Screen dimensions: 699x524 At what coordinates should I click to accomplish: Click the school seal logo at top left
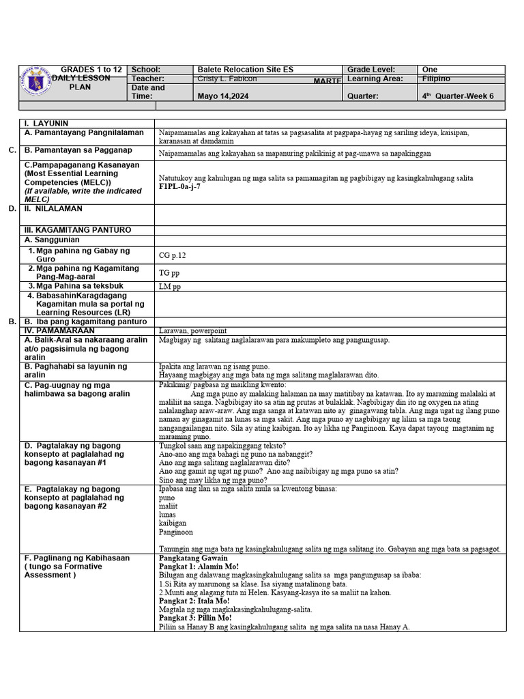tap(37, 83)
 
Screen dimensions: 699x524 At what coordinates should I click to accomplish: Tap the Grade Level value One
tap(430, 70)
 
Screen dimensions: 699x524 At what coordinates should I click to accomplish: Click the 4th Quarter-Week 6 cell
tap(458, 96)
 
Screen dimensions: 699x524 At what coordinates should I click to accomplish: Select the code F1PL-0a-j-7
tap(179, 186)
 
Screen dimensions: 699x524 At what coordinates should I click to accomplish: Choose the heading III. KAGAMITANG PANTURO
tap(77, 230)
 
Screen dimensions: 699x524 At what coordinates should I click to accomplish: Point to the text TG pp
tap(169, 273)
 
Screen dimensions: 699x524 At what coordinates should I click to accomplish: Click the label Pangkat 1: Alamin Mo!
tap(199, 567)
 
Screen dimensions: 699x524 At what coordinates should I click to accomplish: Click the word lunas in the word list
tap(167, 514)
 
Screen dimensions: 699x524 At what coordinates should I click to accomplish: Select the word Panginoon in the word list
tap(175, 532)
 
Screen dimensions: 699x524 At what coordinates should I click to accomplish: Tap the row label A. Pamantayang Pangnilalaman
tap(84, 132)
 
